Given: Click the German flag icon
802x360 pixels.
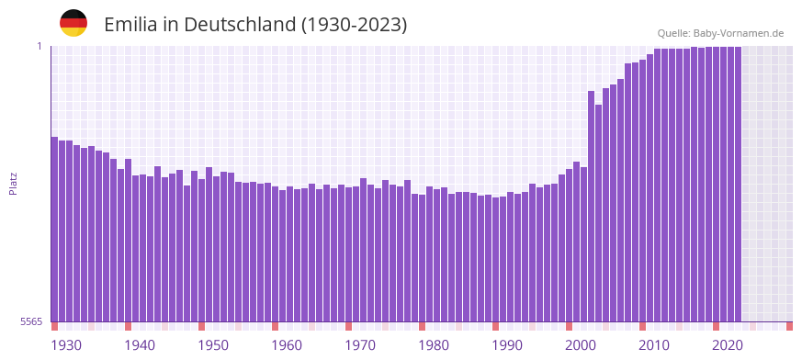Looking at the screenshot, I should pyautogui.click(x=73, y=24).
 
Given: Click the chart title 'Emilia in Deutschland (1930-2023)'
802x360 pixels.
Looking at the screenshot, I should pyautogui.click(x=255, y=25).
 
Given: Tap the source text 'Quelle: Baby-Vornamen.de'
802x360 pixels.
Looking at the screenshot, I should pyautogui.click(x=720, y=33).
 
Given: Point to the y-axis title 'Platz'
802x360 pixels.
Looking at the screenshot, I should pyautogui.click(x=13, y=183).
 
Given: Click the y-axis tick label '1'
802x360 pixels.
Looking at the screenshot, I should pyautogui.click(x=40, y=46).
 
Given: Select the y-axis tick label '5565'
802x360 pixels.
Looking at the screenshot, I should pyautogui.click(x=30, y=321).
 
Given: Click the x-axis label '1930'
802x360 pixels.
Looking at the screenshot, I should pyautogui.click(x=66, y=345).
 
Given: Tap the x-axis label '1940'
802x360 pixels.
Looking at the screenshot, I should pyautogui.click(x=140, y=345).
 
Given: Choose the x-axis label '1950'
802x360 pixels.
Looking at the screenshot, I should pyautogui.click(x=213, y=345).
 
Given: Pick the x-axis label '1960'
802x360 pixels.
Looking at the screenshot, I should pyautogui.click(x=287, y=345).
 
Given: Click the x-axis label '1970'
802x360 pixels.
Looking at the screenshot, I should pyautogui.click(x=360, y=345).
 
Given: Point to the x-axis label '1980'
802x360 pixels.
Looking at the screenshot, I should pyautogui.click(x=434, y=345).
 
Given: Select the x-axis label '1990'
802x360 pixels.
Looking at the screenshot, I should pyautogui.click(x=507, y=345).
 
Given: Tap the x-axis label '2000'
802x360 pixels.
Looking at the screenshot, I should pyautogui.click(x=581, y=345).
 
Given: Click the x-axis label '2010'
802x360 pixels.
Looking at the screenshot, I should pyautogui.click(x=654, y=345).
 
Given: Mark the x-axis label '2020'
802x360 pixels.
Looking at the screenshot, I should pyautogui.click(x=728, y=345).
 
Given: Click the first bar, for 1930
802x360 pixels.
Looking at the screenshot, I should pyautogui.click(x=54, y=230).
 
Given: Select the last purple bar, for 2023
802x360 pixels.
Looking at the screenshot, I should pyautogui.click(x=738, y=184).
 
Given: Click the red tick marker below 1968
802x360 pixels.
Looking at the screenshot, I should pyautogui.click(x=348, y=326).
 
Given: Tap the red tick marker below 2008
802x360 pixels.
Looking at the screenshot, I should pyautogui.click(x=642, y=326).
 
